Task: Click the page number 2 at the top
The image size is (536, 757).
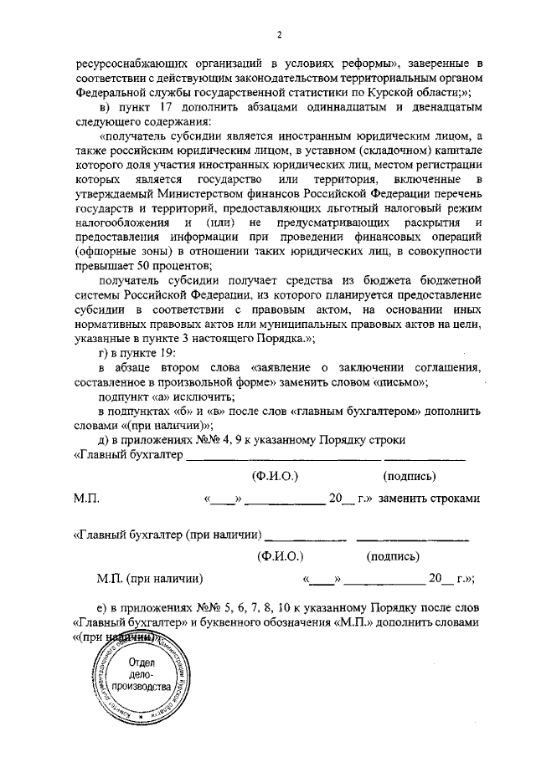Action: [x=279, y=34]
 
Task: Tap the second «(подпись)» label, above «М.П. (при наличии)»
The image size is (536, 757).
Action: [x=394, y=555]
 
